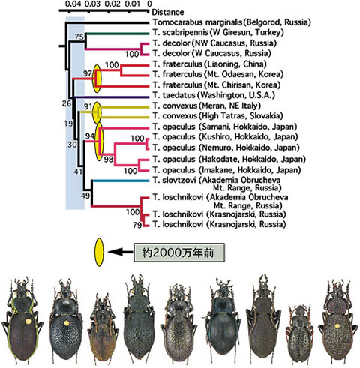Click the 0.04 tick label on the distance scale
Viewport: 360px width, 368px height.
pyautogui.click(x=73, y=4)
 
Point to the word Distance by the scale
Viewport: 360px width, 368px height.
pyautogui.click(x=168, y=12)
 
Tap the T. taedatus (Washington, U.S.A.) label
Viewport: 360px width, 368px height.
pyautogui.click(x=214, y=95)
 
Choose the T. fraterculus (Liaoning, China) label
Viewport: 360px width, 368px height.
pyautogui.click(x=209, y=64)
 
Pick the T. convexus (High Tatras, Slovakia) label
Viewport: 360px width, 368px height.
pyautogui.click(x=217, y=116)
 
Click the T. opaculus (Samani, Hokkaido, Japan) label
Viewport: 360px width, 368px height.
pyautogui.click(x=225, y=127)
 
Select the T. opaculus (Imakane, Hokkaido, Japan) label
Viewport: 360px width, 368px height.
pyautogui.click(x=226, y=170)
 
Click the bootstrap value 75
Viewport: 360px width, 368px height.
pyautogui.click(x=79, y=37)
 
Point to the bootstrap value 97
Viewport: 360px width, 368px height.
pyautogui.click(x=88, y=73)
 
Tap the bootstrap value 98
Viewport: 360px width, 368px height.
pyautogui.click(x=109, y=159)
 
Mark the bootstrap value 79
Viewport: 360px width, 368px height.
pyautogui.click(x=137, y=225)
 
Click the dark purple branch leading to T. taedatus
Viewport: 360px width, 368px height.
pyautogui.click(x=111, y=97)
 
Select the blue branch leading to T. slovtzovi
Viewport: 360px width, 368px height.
pyautogui.click(x=121, y=181)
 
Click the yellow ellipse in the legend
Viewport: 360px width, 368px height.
pyautogui.click(x=100, y=252)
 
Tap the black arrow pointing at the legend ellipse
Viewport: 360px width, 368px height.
pyautogui.click(x=120, y=252)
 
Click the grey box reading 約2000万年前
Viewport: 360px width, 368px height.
pyautogui.click(x=179, y=253)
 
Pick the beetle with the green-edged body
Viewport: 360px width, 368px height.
pyautogui.click(x=22, y=320)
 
